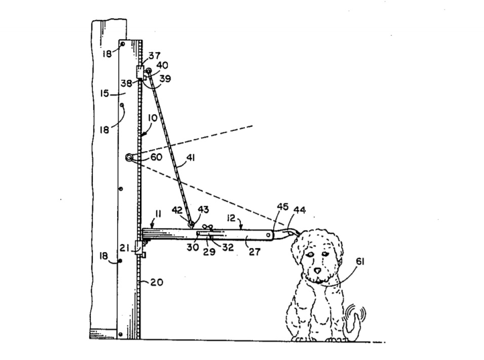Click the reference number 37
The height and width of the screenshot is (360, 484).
(x=155, y=56)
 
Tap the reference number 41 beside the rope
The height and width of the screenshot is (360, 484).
(x=191, y=158)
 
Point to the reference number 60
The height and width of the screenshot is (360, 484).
(x=156, y=157)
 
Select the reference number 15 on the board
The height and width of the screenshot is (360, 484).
(x=105, y=93)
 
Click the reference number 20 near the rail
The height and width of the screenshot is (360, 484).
(x=157, y=282)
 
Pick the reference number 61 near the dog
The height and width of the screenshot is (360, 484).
(x=360, y=262)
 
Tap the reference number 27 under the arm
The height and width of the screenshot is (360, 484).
(x=254, y=252)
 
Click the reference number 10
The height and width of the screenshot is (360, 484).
(x=153, y=118)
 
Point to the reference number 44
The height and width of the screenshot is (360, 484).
(x=300, y=210)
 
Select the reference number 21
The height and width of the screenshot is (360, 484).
(x=125, y=247)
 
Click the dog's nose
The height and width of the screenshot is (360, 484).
(x=317, y=270)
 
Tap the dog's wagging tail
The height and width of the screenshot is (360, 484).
(x=354, y=324)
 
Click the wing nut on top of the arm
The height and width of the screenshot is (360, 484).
(x=207, y=228)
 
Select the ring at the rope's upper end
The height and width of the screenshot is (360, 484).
(x=148, y=70)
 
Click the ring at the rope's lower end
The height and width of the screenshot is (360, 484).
(x=192, y=223)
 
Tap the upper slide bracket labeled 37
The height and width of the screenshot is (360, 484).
(x=139, y=72)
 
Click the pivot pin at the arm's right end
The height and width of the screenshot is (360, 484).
(x=268, y=235)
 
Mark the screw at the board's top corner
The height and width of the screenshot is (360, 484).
(x=123, y=44)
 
